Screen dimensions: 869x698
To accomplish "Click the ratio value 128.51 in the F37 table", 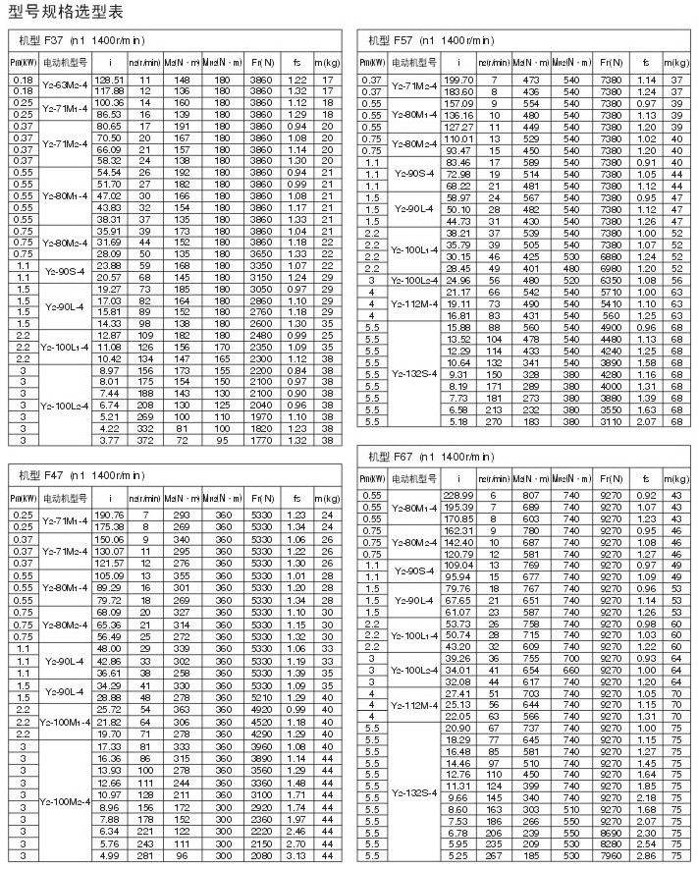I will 109,79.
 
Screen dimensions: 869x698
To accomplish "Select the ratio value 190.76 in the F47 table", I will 109,515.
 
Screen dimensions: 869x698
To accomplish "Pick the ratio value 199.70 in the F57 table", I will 458,79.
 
